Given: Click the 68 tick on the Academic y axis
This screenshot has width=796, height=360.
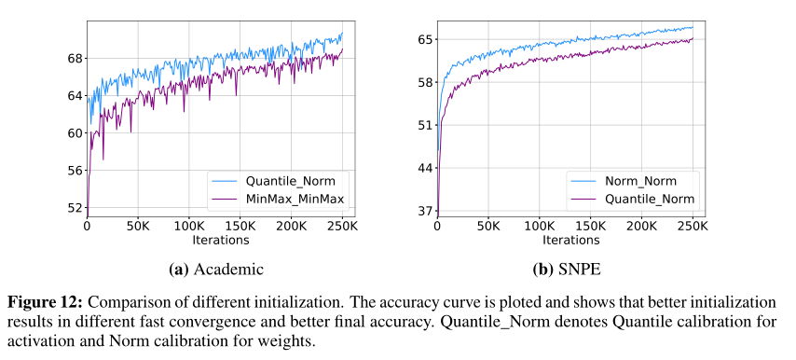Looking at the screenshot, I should (x=75, y=58).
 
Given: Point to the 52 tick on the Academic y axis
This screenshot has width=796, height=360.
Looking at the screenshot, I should (x=75, y=207).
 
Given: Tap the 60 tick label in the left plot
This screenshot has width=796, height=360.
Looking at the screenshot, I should (x=75, y=132).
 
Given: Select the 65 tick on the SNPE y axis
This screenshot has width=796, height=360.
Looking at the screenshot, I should (x=425, y=39).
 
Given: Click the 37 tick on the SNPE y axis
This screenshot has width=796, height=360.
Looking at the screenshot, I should (x=425, y=211).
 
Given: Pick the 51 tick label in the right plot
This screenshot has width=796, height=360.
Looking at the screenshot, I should (x=425, y=125).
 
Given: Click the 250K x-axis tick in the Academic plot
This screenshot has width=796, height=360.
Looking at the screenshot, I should (x=342, y=227).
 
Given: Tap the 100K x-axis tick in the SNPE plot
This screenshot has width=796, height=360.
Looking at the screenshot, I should (x=540, y=227).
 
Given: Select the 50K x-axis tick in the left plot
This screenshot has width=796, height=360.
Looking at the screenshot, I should (x=138, y=227).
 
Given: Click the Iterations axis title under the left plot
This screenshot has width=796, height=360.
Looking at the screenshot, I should (x=214, y=241).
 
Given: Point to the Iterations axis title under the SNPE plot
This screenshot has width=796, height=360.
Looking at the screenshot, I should (x=566, y=241).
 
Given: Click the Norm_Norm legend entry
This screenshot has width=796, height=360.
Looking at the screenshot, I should (x=641, y=180).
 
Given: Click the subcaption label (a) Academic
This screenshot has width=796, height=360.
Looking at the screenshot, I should (x=215, y=270).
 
